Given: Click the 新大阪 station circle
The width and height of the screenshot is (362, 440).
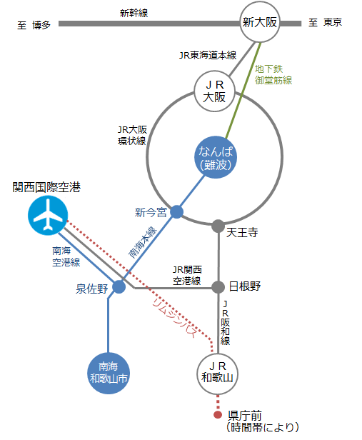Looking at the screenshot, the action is coord(260,22).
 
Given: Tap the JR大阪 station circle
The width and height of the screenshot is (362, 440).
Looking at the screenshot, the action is coord(214,91).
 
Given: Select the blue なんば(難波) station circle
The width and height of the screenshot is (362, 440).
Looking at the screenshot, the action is coord(216,157).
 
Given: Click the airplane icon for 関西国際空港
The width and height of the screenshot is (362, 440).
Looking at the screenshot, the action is coord(48,215).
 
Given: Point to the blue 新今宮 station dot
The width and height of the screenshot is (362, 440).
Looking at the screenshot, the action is coord(176,211).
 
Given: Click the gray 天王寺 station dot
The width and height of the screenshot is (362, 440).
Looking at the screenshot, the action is coord(218,226).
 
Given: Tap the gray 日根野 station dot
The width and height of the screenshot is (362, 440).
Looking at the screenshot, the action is coord(218,287).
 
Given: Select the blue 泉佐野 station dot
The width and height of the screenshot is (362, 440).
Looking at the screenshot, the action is coord(119,287).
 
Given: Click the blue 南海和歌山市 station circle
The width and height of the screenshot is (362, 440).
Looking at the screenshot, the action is coord(109,373).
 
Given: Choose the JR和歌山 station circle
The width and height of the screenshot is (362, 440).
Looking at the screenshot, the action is coord(217,374).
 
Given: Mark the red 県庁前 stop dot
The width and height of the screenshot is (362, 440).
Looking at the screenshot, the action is coord(218,415).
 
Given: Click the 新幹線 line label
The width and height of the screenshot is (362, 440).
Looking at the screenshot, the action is coord(134,13).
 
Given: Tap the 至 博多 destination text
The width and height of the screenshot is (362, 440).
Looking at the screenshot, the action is coord(34,25).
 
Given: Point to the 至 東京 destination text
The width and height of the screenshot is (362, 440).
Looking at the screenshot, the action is coord(326,22).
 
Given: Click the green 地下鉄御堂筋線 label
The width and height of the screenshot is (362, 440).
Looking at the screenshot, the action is coord(273,74).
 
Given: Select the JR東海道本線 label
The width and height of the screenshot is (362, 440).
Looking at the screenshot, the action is coord(208,55).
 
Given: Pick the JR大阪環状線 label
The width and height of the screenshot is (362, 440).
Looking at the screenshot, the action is coord(132,135).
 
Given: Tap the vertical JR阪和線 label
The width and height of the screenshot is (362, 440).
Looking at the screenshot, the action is coord(225,323).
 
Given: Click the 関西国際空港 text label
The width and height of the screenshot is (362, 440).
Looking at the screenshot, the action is coord(46,187).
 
